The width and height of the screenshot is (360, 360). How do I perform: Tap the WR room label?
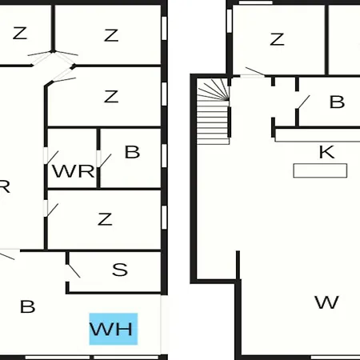click(x=74, y=171)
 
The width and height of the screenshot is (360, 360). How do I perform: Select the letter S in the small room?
click(x=120, y=270)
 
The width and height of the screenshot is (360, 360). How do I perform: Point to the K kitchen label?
click(x=326, y=152)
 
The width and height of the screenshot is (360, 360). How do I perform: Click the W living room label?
click(x=326, y=302)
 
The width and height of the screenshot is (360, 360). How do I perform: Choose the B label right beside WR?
click(x=132, y=152)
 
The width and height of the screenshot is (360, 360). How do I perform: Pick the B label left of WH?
click(x=27, y=306)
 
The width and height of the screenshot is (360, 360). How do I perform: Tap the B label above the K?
click(x=337, y=102)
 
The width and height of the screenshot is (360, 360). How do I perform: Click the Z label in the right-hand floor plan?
click(x=277, y=39)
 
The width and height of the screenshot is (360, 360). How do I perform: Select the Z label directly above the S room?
click(x=105, y=219)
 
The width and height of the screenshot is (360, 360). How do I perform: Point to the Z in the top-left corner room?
click(x=20, y=33)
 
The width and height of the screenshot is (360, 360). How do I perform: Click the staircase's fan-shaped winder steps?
click(x=214, y=90)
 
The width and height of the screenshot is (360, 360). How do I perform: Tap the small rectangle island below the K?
click(x=320, y=170)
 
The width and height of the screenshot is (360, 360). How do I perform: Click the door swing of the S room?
click(x=74, y=271)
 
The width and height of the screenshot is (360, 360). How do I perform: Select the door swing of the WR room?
click(x=53, y=158)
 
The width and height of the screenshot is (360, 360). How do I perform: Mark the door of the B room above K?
click(x=303, y=102)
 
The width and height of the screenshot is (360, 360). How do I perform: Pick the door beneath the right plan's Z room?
click(x=255, y=71)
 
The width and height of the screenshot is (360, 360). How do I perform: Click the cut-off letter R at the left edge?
click(x=5, y=186)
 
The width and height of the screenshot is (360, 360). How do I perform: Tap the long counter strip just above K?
click(x=318, y=135)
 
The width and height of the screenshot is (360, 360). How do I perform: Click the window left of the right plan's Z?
click(x=229, y=21)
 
